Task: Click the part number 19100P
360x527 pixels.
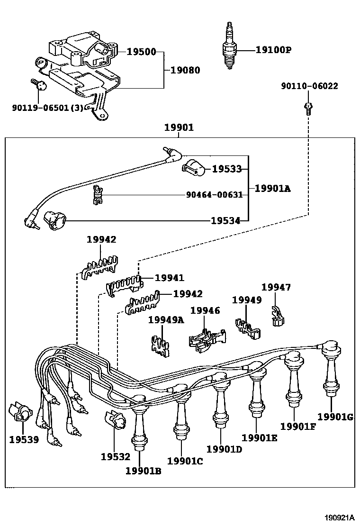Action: point(273,49)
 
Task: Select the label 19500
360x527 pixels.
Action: point(141,51)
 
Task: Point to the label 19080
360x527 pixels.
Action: point(185,70)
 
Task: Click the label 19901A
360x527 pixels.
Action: point(272,189)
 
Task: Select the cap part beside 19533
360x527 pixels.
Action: point(193,166)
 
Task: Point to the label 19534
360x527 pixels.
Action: point(225,220)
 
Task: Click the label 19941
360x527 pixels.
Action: point(170,278)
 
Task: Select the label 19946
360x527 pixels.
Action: point(205,310)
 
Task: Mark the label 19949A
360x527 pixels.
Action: point(166,320)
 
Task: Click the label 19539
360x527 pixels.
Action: point(23,439)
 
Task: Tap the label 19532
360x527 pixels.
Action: point(115,456)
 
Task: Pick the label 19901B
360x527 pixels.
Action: point(144,471)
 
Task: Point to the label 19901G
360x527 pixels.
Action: point(335,417)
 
